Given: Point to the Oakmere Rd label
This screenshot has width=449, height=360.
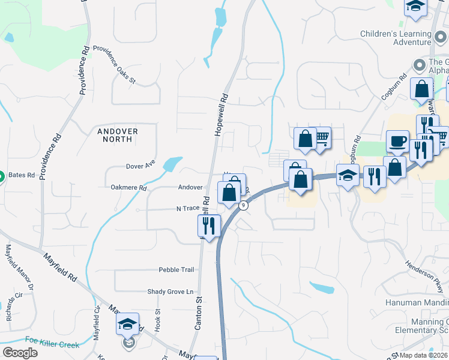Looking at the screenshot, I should coord(129,188).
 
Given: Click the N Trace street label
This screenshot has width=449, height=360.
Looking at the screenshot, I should coord(187,208).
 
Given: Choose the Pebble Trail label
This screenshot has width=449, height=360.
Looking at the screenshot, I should coord(176,270).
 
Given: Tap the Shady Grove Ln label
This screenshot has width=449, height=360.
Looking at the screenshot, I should coord(172,292).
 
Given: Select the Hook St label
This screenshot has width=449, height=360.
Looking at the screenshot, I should coord(158,320).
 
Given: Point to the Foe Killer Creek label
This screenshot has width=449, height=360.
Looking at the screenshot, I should coord(52,345).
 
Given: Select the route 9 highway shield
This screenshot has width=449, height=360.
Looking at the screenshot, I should coord(243,205).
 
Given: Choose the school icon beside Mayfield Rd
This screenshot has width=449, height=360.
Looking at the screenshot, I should coord(127,325).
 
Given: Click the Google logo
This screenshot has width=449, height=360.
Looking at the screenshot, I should coord(20,353).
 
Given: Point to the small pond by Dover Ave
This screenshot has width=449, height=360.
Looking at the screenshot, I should coord(172,164).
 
